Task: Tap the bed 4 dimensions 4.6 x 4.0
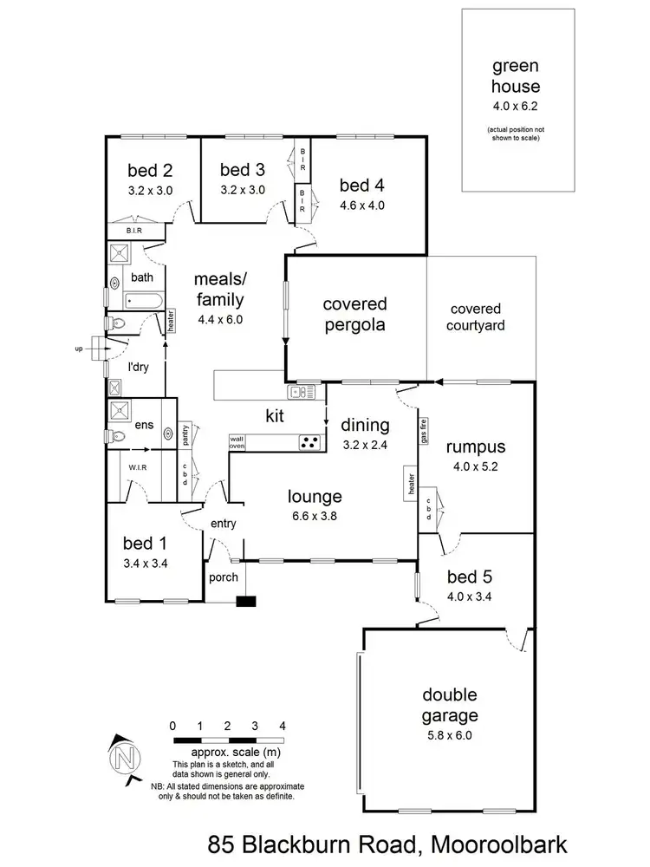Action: pos(361,205)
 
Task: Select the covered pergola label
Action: pos(354,315)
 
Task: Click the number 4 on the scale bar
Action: pos(282,725)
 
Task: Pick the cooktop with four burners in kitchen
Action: pos(310,441)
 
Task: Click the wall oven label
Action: pos(237,442)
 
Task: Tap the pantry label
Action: pos(185,435)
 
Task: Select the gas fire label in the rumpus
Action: pos(424,430)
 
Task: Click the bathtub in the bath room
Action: pos(143,301)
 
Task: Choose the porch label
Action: pos(222,578)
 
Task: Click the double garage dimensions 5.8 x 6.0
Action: pos(450,735)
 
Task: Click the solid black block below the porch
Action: pos(247,601)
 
